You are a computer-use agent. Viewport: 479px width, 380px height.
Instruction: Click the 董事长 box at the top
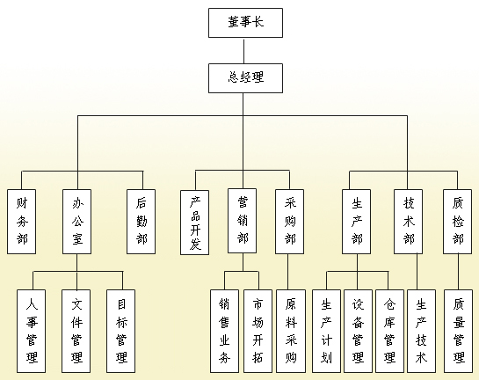point(245,23)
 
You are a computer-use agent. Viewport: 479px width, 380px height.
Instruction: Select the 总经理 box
point(245,78)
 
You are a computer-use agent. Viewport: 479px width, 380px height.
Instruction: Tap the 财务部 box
point(22,222)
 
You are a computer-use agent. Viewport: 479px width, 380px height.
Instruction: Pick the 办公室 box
point(77,222)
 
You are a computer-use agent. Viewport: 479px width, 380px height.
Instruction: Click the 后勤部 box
point(142,222)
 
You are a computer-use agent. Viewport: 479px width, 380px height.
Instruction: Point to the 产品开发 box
point(195,223)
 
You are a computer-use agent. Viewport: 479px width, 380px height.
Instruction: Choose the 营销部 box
point(243,221)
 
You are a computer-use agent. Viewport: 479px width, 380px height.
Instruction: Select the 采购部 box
point(290,222)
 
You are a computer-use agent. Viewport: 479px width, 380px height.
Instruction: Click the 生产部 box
point(357,222)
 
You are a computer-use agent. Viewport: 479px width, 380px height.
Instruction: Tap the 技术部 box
point(409,222)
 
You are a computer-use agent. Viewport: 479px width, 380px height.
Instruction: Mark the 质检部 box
point(458,222)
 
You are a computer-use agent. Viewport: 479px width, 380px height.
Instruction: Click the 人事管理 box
point(31,332)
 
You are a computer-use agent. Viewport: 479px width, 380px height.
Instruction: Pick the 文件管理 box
point(76,332)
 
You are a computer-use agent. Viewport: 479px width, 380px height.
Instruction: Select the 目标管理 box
point(121,332)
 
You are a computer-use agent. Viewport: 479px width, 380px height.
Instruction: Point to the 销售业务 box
point(224,332)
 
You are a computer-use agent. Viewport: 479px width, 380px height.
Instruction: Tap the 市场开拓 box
point(258,332)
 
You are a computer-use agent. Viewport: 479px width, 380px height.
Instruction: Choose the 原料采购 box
point(291,332)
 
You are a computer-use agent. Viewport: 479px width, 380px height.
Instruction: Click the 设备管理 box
point(358,332)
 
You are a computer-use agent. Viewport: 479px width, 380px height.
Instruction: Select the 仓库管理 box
point(390,332)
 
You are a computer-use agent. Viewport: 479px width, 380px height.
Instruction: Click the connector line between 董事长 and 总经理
point(243,51)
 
